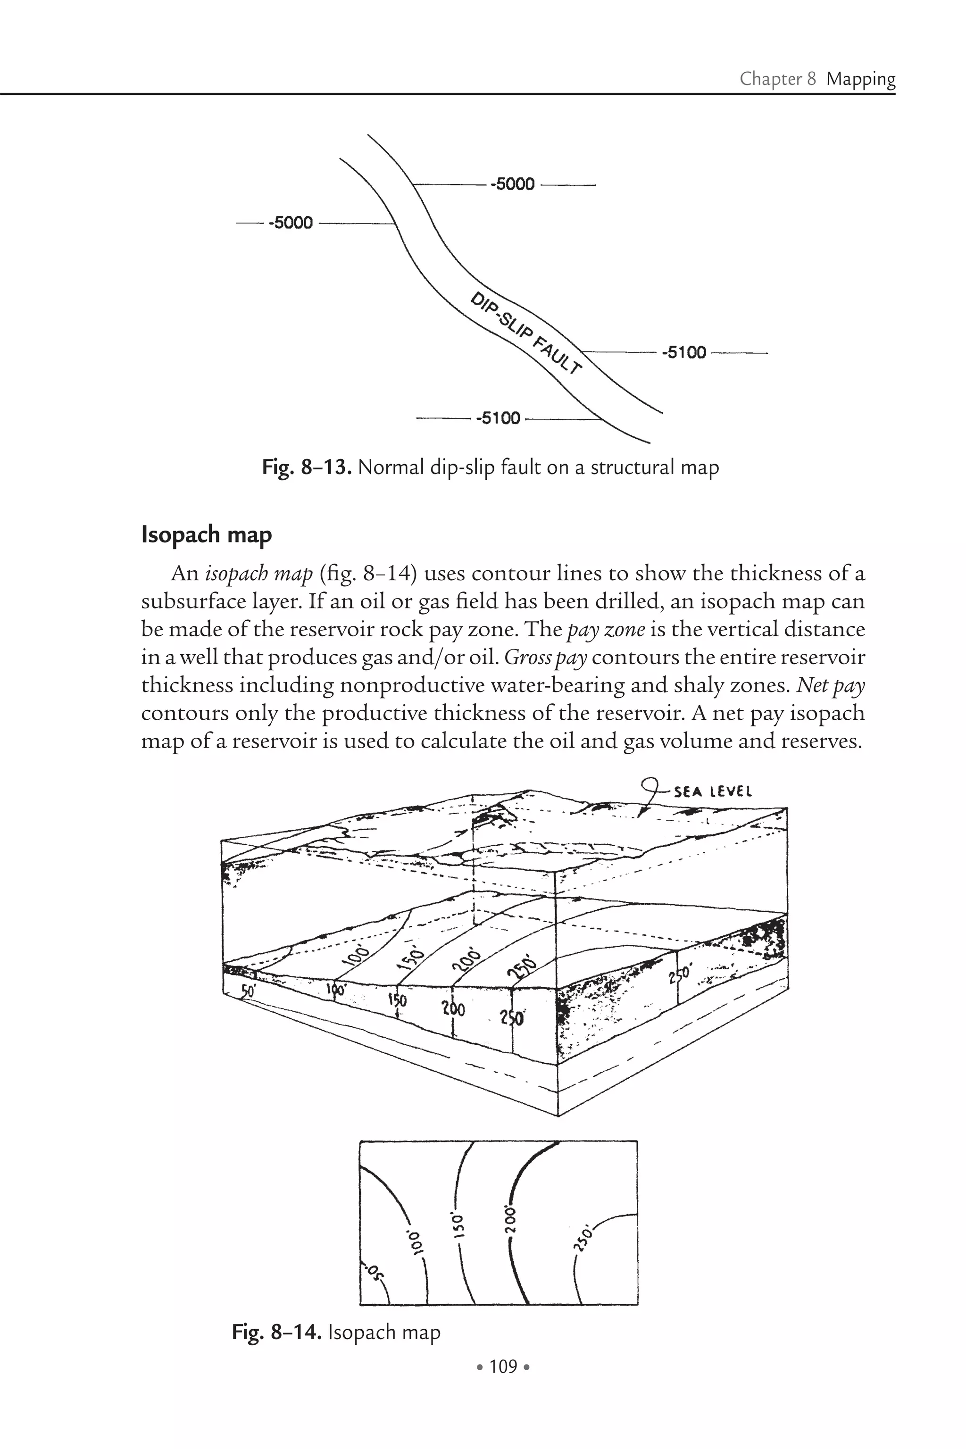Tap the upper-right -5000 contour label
point(513,184)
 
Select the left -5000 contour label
point(291,223)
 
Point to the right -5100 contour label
point(684,353)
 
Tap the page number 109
point(503,1366)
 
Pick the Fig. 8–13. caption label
point(307,467)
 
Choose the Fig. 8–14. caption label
point(276,1332)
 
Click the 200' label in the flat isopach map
point(509,1217)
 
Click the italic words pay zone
point(606,630)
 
